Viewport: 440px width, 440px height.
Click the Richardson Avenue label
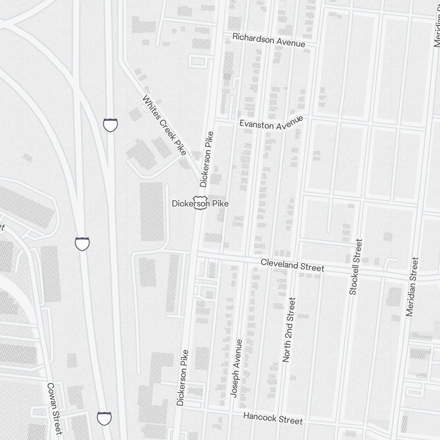pyautogui.click(x=269, y=40)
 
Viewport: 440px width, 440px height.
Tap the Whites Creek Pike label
pyautogui.click(x=164, y=125)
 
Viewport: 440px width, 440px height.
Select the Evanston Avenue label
pyautogui.click(x=271, y=123)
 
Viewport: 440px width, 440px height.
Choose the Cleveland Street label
pyautogui.click(x=292, y=265)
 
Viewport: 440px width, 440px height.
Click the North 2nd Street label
pyautogui.click(x=289, y=330)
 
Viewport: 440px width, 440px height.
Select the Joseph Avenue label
pyautogui.click(x=236, y=368)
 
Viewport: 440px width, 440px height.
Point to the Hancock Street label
pyautogui.click(x=273, y=418)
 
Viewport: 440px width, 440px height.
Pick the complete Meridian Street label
pyautogui.click(x=413, y=287)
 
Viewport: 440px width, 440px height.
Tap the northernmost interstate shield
pyautogui.click(x=110, y=125)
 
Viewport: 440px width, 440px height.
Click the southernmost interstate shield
pyautogui.click(x=104, y=418)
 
